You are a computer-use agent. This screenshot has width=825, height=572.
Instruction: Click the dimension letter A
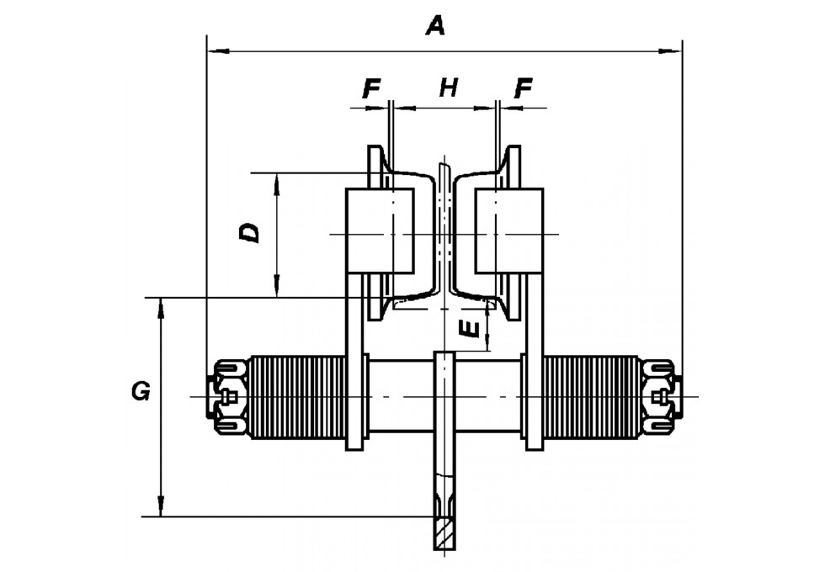coord(436,25)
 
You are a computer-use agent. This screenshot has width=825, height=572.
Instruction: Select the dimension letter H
coord(449,87)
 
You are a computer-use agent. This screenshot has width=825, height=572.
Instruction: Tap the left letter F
coord(371,88)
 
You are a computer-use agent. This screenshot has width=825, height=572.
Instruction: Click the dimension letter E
coord(470,329)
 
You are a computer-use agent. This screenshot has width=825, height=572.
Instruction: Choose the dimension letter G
coord(141,392)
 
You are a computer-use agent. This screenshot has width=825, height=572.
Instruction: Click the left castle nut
coord(227,396)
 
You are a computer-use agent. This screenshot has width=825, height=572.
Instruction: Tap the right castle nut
coord(663,396)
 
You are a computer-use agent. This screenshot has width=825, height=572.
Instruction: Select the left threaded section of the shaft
coord(297,397)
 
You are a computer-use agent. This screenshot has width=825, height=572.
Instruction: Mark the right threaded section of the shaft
coord(592,397)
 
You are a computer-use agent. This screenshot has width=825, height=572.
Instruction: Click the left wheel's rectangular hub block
coord(380,230)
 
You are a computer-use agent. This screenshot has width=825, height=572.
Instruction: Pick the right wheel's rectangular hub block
coord(508,230)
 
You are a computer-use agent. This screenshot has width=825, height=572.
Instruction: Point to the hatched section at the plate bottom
coord(444,533)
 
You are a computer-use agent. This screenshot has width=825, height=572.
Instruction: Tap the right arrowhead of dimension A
coord(670,51)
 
